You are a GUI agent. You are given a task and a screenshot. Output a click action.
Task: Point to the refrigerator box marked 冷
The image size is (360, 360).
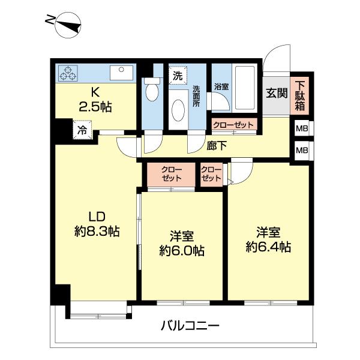pyautogui.click(x=80, y=128)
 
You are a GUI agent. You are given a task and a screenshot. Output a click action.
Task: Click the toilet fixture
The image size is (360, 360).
pyautogui.click(x=152, y=91)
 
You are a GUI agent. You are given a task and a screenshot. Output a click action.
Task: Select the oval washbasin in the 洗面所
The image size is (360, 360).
pyautogui.click(x=178, y=110)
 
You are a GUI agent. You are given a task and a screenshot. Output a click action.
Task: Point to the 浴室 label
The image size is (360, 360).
pyautogui.click(x=221, y=87)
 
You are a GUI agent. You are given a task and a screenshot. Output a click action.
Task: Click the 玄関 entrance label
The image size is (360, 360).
pyautogui.click(x=277, y=94)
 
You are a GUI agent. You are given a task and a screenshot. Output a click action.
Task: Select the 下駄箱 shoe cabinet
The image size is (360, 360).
pyautogui.click(x=300, y=96)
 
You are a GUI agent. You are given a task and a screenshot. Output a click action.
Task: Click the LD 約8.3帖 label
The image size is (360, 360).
pyautogui.click(x=96, y=223)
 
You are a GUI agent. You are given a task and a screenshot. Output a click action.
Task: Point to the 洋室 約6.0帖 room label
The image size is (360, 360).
pyautogui.click(x=181, y=243)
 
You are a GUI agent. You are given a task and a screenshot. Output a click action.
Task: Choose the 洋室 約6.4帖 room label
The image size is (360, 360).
pyautogui.click(x=268, y=238)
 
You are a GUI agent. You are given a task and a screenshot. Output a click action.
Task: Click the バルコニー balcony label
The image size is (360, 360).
pyautogui.click(x=190, y=326)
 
